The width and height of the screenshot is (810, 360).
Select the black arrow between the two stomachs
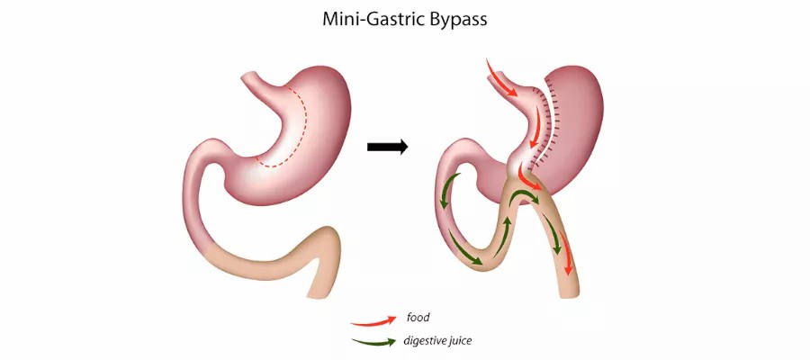coord(388,146)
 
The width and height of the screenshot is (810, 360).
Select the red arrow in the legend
coord(374,319)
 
